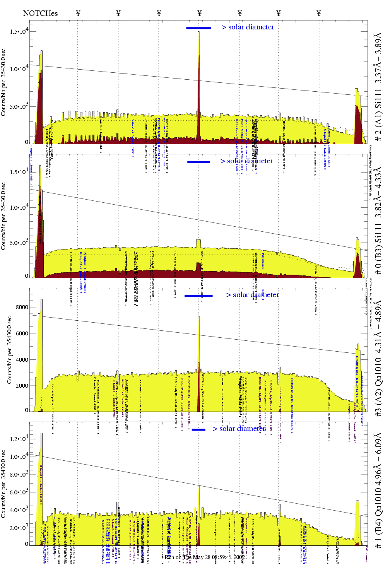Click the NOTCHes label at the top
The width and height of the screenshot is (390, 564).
(40, 13)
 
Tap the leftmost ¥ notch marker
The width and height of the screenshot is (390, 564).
(78, 13)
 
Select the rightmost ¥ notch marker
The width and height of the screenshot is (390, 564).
(318, 13)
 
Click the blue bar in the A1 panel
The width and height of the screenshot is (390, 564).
(198, 28)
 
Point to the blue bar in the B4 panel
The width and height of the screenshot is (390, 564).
(198, 429)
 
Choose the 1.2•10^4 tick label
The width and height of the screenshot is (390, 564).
(19, 439)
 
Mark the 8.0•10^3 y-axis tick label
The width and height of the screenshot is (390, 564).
(19, 474)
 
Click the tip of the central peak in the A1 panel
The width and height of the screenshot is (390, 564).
(198, 32)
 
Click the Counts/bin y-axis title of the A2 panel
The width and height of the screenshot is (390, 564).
(10, 350)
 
